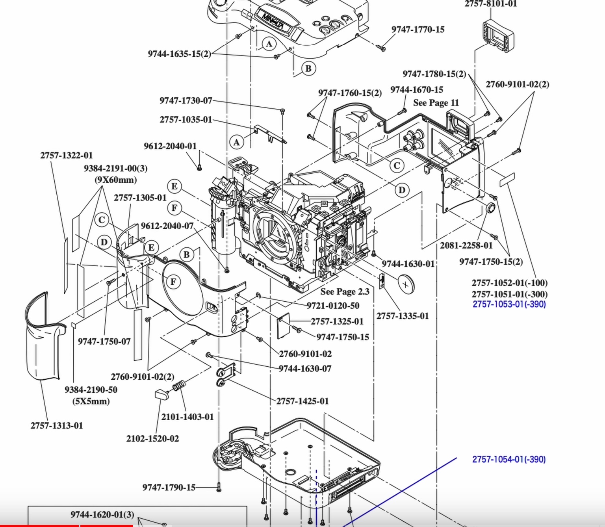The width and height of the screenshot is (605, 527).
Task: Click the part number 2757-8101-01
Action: (490, 4)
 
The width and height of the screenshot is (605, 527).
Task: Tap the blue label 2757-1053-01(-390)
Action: (509, 304)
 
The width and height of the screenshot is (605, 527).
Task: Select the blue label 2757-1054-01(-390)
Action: (509, 459)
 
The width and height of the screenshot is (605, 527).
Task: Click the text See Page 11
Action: (436, 103)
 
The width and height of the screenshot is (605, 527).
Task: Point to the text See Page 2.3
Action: (345, 291)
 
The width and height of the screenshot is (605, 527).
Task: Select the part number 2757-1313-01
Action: (57, 425)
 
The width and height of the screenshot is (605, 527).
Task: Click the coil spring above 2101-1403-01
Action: (179, 386)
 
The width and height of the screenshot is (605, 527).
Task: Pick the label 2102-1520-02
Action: (152, 438)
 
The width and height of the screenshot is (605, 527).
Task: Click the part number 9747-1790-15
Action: (169, 487)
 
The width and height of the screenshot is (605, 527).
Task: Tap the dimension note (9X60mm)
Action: (115, 180)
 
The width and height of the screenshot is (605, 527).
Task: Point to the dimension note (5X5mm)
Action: (91, 401)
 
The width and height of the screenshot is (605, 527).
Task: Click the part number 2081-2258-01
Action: (466, 245)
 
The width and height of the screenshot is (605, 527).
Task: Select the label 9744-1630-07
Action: (305, 369)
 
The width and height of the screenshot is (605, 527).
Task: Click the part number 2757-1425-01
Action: (302, 401)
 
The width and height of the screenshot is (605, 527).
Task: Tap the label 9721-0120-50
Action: (333, 306)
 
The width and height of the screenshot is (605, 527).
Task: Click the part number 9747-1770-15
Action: (418, 30)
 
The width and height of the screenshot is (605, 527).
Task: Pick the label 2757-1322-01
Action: (67, 155)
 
